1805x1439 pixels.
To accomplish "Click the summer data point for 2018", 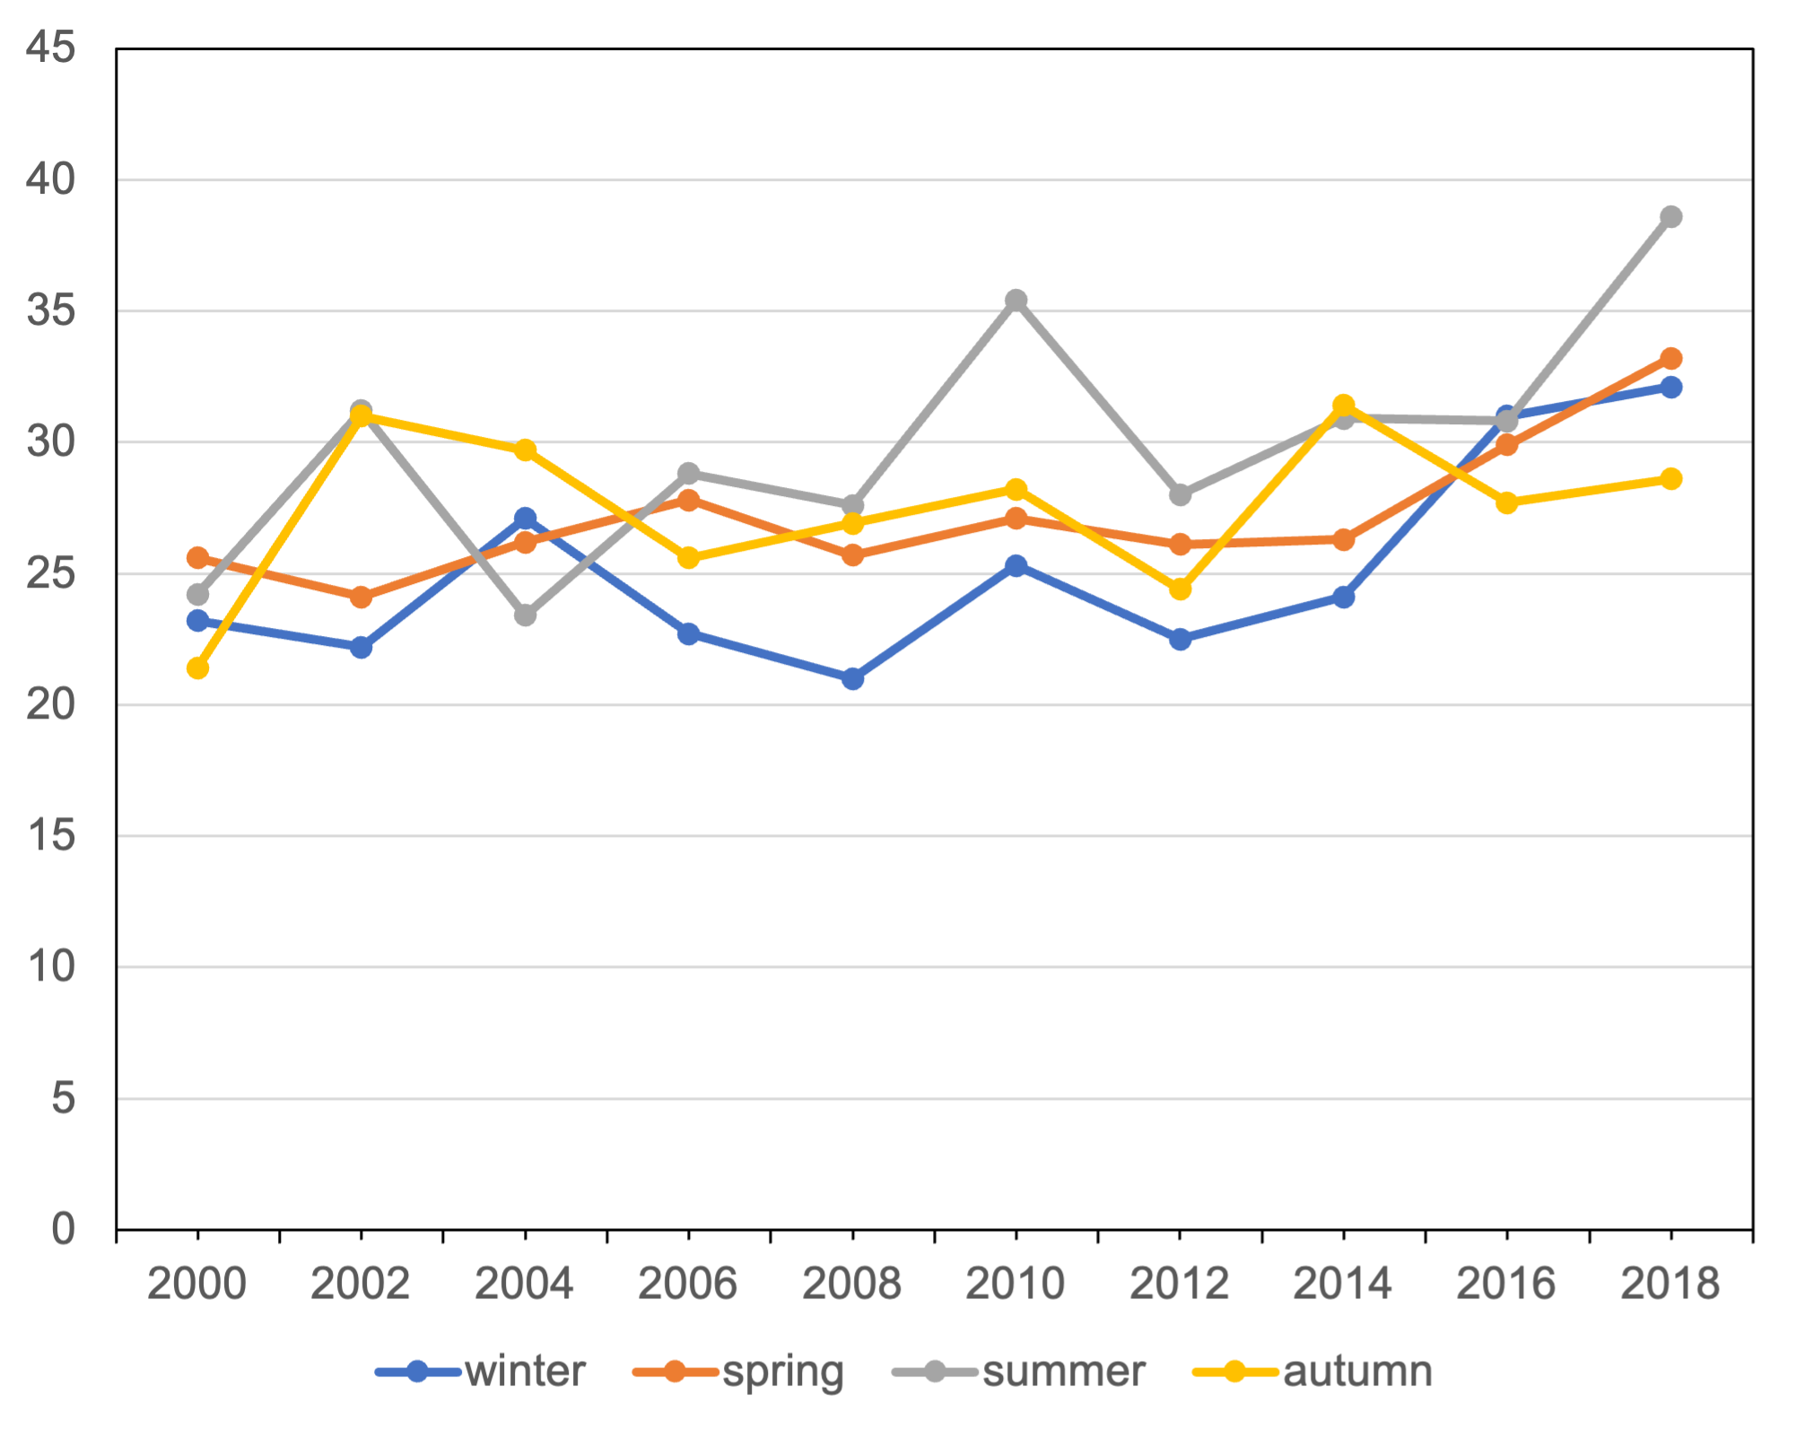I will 1670,217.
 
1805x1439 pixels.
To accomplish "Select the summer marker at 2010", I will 1016,301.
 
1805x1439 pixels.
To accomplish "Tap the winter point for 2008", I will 852,679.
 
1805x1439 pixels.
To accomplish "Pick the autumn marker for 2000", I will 198,668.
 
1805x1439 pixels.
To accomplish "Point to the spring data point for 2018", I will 1670,359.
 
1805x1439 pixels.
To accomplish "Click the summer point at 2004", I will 526,615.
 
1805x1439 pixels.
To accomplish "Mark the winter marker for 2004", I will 526,519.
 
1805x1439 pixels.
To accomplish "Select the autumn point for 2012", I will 1180,589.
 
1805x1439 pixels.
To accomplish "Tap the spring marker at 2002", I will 362,597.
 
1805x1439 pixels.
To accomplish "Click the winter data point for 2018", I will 1670,388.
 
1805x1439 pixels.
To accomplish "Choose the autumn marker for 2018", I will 1670,479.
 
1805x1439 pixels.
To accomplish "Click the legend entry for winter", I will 525,1372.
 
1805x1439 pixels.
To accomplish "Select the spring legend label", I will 783,1372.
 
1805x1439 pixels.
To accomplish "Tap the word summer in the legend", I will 1064,1372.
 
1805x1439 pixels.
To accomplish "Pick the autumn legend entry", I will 1357,1372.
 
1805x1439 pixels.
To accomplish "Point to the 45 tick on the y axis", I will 50,47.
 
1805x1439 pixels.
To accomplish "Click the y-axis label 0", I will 63,1228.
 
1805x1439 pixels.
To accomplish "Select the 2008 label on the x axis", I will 852,1282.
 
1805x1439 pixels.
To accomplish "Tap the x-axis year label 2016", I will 1507,1282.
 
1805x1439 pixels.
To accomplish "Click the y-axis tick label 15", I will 50,835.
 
